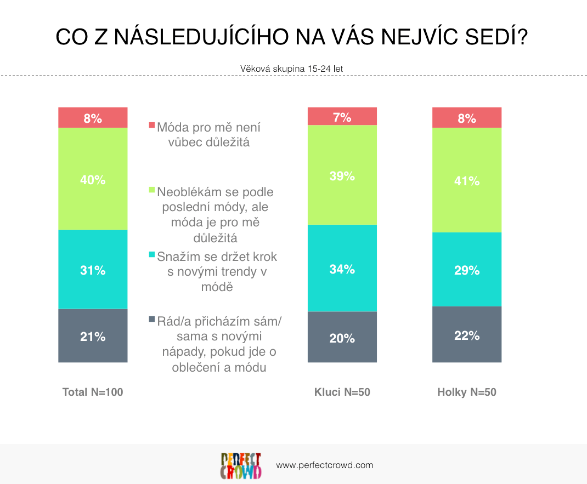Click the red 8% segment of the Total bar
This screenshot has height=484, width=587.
click(x=93, y=117)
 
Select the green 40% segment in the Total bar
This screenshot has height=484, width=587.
click(x=93, y=179)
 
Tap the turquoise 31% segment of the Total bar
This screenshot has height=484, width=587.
click(x=93, y=269)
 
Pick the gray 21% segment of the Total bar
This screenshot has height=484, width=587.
click(x=93, y=335)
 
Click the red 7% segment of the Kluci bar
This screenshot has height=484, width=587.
click(x=342, y=116)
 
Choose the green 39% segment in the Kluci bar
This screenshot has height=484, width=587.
click(x=342, y=175)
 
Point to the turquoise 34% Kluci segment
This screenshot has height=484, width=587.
click(x=342, y=268)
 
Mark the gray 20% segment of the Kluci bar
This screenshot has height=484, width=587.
click(x=342, y=337)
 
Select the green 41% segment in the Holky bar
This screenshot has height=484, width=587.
click(x=467, y=180)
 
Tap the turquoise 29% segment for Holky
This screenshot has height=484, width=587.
click(x=467, y=269)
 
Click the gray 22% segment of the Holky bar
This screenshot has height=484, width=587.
click(x=467, y=334)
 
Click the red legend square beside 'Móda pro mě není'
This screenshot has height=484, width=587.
click(x=151, y=125)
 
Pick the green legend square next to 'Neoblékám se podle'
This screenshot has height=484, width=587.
click(x=151, y=190)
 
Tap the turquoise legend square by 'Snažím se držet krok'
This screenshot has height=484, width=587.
click(x=151, y=254)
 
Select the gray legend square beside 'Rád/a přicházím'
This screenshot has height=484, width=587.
click(x=151, y=319)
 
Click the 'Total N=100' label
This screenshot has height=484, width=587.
click(x=93, y=392)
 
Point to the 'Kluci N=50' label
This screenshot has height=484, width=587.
click(x=342, y=392)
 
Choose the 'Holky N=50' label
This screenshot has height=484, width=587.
click(x=467, y=392)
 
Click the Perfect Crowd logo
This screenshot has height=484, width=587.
click(x=241, y=466)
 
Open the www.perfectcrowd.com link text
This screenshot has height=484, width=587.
click(x=325, y=465)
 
